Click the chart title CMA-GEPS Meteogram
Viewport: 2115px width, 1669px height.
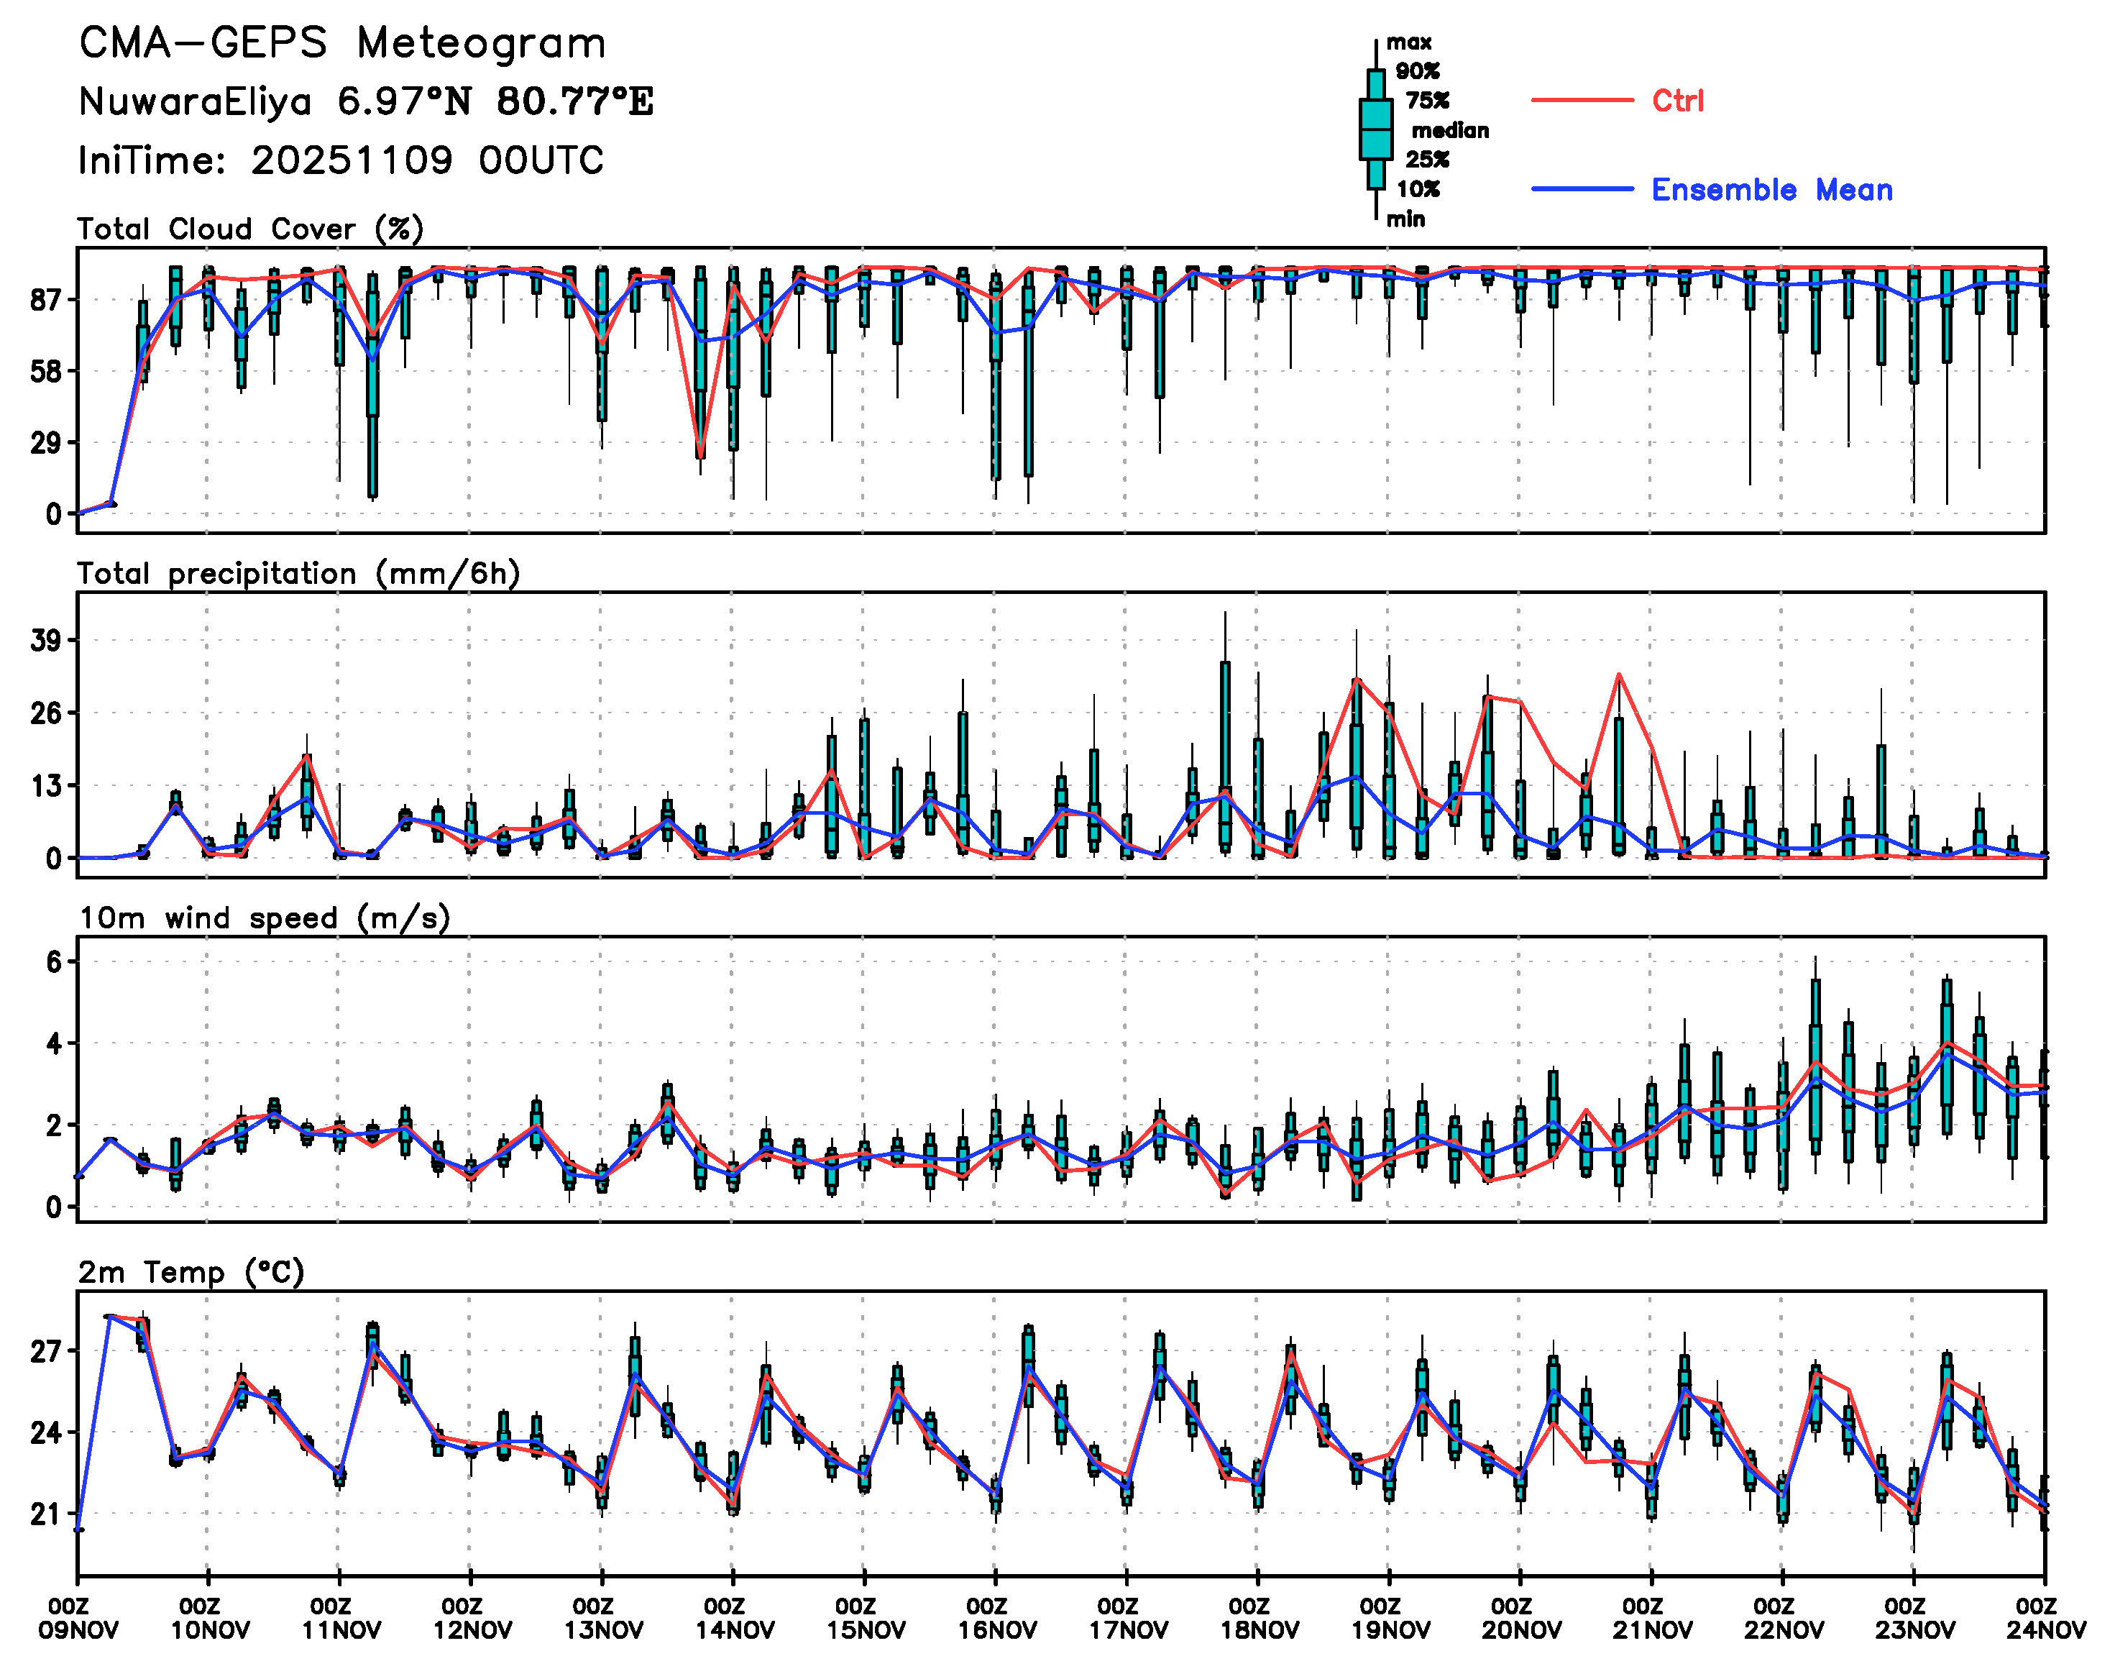[342, 44]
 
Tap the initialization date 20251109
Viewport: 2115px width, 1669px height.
[352, 160]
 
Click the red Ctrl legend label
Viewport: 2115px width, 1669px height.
[1676, 101]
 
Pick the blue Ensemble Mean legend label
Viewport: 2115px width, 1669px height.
[1771, 190]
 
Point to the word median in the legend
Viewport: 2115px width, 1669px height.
[1450, 130]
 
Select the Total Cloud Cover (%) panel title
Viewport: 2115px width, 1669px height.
[250, 229]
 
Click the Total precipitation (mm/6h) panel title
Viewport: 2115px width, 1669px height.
[298, 574]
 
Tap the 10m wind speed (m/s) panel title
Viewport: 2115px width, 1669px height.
[264, 918]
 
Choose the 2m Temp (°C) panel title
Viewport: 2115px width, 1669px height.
[191, 1272]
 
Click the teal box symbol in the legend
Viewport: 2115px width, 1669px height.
[1375, 129]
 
